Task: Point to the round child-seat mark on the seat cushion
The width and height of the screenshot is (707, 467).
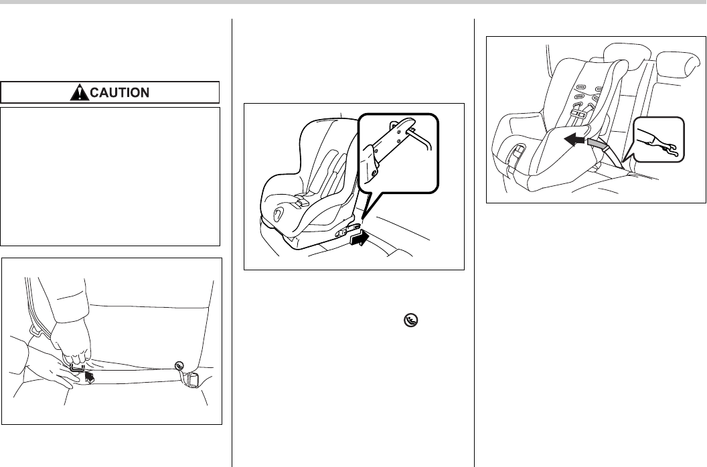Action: [179, 365]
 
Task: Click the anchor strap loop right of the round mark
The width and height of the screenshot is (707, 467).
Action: [192, 380]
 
